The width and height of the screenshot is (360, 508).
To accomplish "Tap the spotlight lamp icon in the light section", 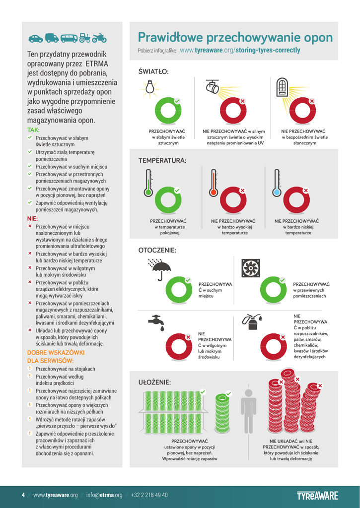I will click(213, 87).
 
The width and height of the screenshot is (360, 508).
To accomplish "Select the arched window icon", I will click(282, 87).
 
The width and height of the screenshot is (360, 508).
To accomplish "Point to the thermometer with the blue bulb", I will click(277, 183).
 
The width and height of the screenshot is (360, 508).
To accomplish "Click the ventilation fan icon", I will click(250, 268).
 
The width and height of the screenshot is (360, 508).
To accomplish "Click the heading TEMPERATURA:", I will click(162, 161).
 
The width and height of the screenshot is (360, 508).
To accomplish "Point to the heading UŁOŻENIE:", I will click(154, 382).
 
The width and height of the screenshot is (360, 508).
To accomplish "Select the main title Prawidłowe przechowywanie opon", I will click(235, 38).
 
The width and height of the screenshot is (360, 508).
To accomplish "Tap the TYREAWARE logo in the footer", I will click(317, 495).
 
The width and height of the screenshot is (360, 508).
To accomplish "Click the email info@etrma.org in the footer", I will click(104, 495).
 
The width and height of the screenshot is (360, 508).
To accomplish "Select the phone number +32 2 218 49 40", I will click(149, 495).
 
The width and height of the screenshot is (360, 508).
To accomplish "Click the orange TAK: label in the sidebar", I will click(33, 130).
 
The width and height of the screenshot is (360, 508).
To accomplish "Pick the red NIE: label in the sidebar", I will click(32, 218).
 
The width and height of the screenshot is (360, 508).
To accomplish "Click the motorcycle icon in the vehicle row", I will click(99, 38).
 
